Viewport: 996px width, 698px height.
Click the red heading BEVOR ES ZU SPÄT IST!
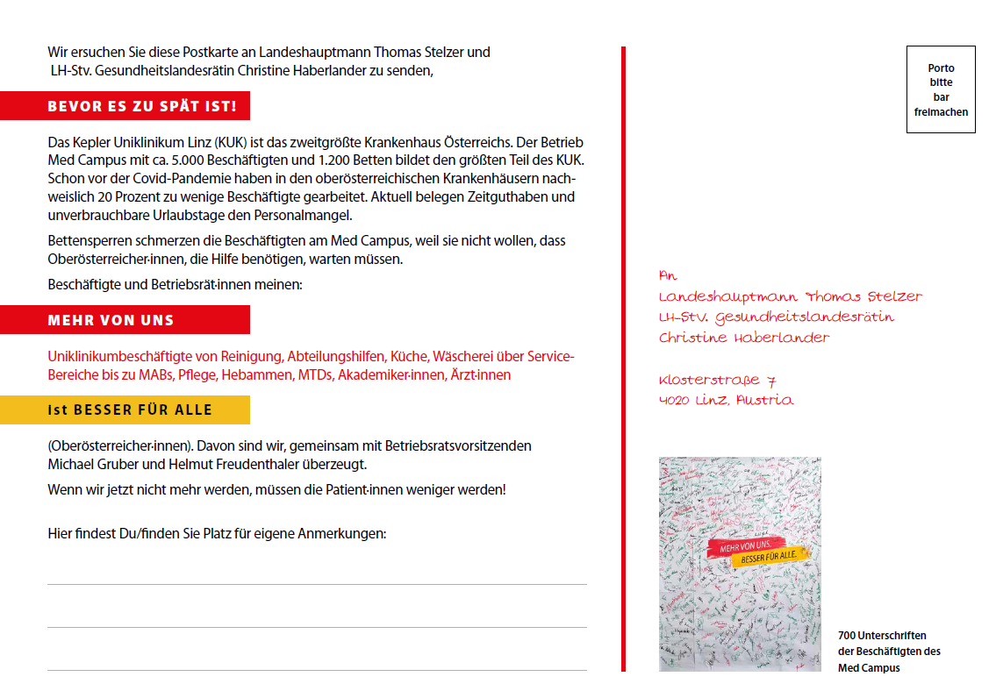(142, 107)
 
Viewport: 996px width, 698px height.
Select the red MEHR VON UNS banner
(111, 320)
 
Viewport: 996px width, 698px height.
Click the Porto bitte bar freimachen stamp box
(941, 89)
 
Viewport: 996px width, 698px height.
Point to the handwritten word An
(669, 275)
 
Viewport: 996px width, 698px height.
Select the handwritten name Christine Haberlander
(744, 338)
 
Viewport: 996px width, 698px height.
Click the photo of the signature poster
(740, 564)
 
